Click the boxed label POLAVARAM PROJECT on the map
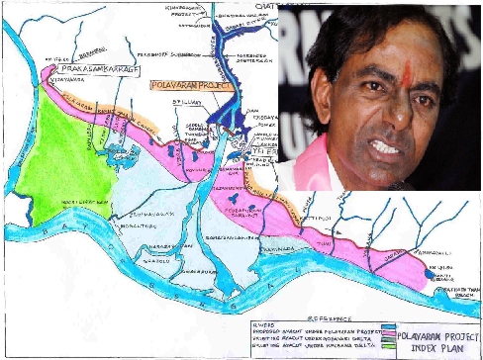click(x=187, y=86)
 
